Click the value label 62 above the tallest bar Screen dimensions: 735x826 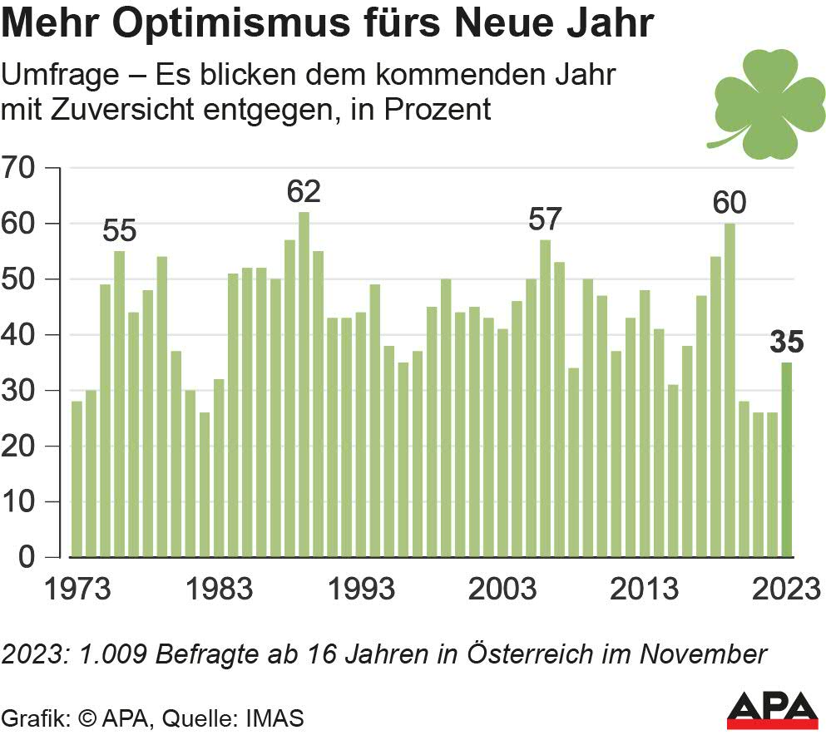(x=304, y=192)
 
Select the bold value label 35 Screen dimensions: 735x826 (x=786, y=342)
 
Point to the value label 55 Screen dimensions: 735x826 (x=120, y=230)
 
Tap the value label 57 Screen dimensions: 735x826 (x=546, y=220)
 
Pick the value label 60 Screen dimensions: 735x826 (x=730, y=203)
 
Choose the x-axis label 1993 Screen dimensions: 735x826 (x=361, y=589)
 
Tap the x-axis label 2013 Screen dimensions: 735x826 (x=645, y=589)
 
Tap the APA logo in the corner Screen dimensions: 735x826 (x=771, y=708)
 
